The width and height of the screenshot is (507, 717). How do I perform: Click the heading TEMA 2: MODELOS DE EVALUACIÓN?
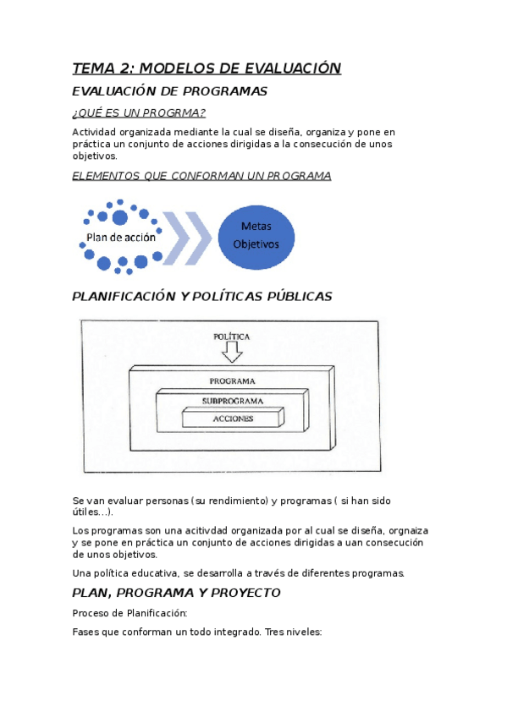coord(207,68)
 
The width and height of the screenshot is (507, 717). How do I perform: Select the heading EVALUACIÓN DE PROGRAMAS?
coord(169,91)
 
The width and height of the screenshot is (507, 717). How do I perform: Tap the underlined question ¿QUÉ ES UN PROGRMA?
coord(139,113)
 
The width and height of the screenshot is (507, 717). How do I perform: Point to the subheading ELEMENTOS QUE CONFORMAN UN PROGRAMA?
coord(201,176)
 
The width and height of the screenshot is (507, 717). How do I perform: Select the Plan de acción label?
coord(121,238)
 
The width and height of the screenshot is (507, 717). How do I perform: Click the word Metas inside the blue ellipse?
coord(256,226)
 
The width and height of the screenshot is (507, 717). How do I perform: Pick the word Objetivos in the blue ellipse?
coord(256,244)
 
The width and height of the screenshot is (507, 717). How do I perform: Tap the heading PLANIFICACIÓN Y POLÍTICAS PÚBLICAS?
coord(201,297)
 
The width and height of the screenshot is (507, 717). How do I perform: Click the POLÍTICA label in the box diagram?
coord(231,336)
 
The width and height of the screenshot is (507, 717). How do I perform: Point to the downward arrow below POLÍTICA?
coord(231,350)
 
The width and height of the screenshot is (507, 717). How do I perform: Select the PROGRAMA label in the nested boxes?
coord(232,381)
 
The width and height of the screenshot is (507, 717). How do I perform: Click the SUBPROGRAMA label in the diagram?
coord(232,400)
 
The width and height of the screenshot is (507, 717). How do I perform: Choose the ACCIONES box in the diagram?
coord(233,418)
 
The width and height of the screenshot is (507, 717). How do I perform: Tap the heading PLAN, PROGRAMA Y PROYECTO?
coord(176,593)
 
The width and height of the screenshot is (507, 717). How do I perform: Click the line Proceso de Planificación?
coord(130,613)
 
